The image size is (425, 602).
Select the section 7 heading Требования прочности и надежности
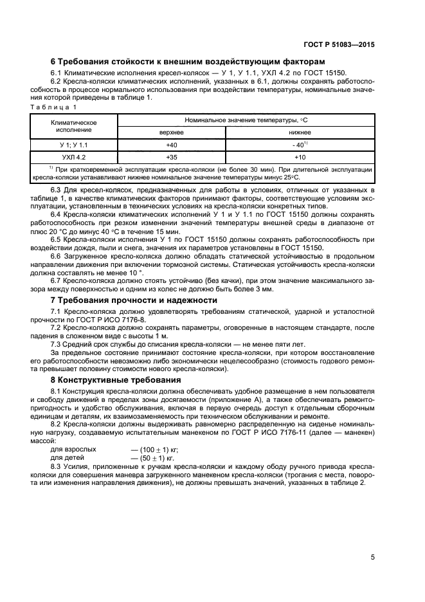(134, 300)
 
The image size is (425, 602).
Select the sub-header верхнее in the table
(171, 131)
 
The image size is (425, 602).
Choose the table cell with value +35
(171, 157)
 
